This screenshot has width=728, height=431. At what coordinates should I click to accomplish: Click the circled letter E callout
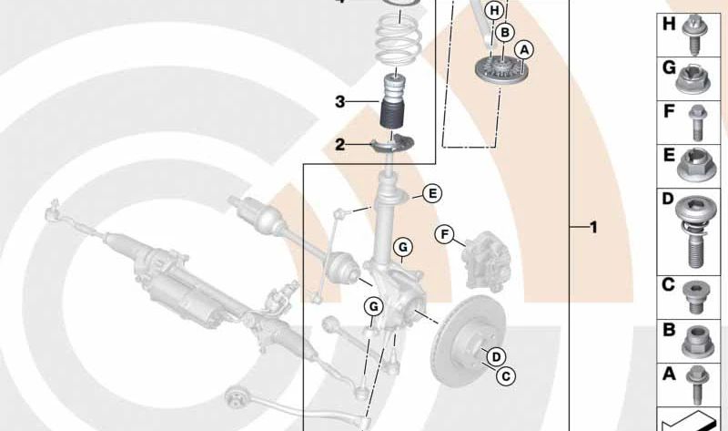[432, 193]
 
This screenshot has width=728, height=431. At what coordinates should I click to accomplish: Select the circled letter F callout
[445, 234]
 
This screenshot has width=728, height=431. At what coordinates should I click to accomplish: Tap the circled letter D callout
[496, 357]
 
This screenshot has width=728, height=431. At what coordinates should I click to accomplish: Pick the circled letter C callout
[506, 375]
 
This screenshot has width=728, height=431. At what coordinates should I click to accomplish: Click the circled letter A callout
[524, 50]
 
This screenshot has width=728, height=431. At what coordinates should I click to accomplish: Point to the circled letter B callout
[505, 33]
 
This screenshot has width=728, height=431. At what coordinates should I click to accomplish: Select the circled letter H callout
[495, 11]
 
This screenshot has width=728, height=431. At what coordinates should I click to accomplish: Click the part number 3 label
[340, 101]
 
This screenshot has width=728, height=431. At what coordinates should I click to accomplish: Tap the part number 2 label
[340, 145]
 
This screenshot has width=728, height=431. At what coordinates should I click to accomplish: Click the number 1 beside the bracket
[593, 228]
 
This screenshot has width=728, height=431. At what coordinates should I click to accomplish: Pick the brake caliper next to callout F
[485, 260]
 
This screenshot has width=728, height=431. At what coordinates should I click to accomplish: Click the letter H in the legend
[669, 24]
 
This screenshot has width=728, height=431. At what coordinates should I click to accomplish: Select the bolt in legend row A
[696, 384]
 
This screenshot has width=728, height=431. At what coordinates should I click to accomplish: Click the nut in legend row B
[695, 342]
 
